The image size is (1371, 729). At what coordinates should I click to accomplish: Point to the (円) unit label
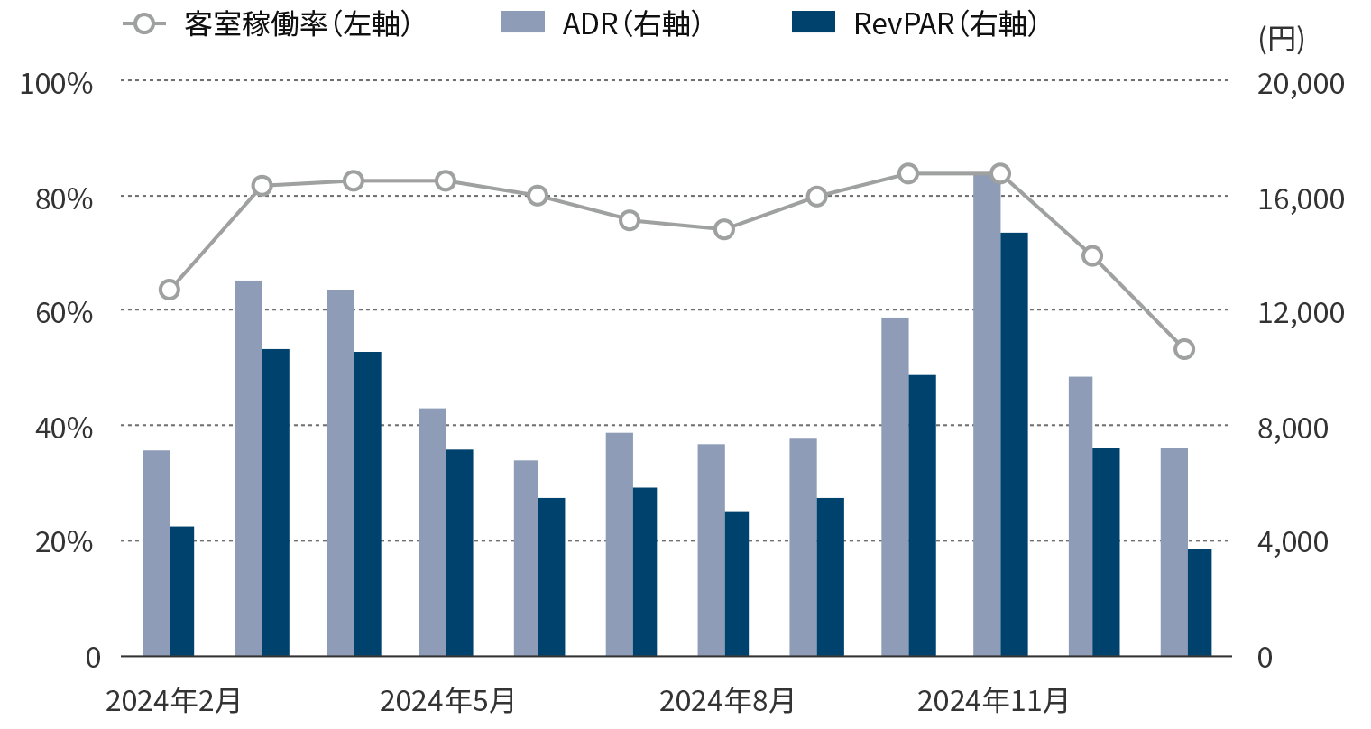pos(1280,39)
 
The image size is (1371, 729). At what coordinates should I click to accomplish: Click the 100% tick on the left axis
pos(57,84)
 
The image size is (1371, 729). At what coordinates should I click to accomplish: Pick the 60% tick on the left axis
pos(63,313)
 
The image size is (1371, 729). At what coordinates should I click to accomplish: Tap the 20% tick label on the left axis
pos(63,542)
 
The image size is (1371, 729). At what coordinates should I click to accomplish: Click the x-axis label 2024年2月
pos(173,701)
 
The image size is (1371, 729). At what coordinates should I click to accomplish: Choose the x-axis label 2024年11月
pos(993,701)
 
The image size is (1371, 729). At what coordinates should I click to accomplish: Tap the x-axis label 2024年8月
pos(727,701)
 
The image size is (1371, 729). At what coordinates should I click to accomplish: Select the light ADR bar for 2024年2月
pos(157,552)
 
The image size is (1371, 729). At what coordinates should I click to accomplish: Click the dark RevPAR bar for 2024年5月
pos(459,552)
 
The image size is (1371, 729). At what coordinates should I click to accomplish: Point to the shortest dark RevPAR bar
pos(1199,602)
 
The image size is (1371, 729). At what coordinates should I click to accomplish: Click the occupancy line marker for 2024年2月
pos(170,290)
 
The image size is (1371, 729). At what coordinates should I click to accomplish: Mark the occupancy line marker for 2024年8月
pos(724,229)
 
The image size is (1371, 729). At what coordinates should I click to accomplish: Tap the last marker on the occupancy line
pos(1184,349)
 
